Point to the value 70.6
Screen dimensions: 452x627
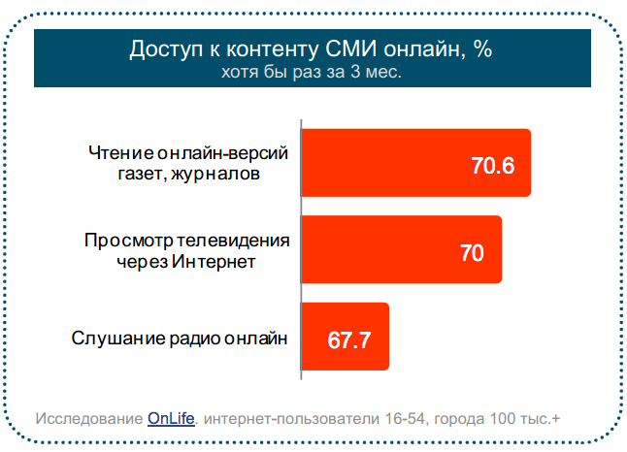pyautogui.click(x=492, y=166)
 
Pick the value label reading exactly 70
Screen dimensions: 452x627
pyautogui.click(x=472, y=253)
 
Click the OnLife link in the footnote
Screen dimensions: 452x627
pyautogui.click(x=171, y=418)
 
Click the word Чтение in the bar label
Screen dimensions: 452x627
pyautogui.click(x=116, y=153)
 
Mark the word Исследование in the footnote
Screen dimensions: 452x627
pyautogui.click(x=89, y=418)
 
